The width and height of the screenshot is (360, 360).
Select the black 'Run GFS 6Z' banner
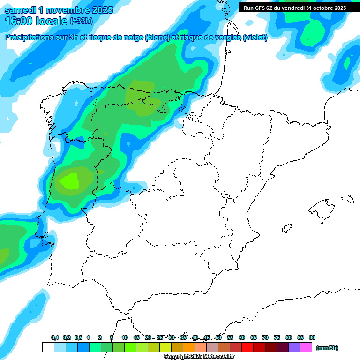point(295,8)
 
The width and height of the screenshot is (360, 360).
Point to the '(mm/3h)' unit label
point(327,348)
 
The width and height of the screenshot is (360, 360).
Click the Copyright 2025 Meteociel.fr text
point(199,357)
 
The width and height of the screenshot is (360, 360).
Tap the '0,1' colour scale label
point(55,338)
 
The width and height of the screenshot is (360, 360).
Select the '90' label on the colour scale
point(312,338)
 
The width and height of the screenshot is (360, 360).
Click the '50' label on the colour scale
point(218,338)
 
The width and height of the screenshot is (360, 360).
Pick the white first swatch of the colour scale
point(48,347)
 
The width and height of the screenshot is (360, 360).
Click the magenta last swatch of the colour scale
point(306,347)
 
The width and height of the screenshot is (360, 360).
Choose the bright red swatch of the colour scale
point(247,347)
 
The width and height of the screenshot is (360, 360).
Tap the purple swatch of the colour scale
point(294,347)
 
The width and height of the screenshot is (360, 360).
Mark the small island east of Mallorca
point(347,199)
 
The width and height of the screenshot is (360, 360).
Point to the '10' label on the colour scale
point(125,338)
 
